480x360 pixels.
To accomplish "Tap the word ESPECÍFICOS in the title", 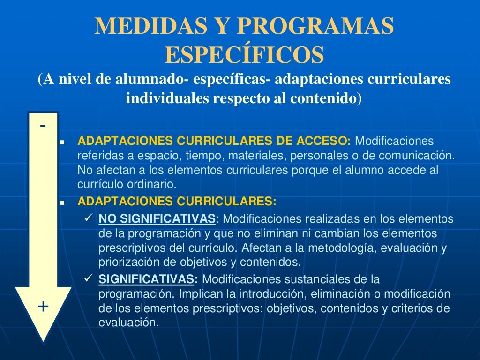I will (x=244, y=55).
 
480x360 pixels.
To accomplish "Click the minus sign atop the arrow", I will (x=43, y=126).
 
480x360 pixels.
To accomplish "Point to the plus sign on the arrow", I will (x=43, y=307).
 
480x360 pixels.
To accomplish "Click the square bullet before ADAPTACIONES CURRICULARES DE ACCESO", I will (x=62, y=142).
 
